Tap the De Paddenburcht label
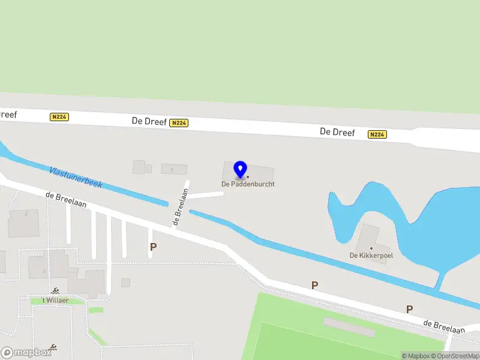(248, 184)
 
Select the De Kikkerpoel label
(371, 256)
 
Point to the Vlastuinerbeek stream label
(76, 177)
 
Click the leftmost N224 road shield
(59, 117)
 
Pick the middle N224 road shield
(179, 123)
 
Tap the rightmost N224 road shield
(377, 134)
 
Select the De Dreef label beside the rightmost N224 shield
(337, 132)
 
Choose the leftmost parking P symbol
(153, 247)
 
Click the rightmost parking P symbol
(409, 309)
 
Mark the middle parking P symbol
(314, 285)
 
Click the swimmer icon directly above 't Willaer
(55, 291)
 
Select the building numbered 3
(174, 169)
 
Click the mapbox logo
(26, 352)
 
